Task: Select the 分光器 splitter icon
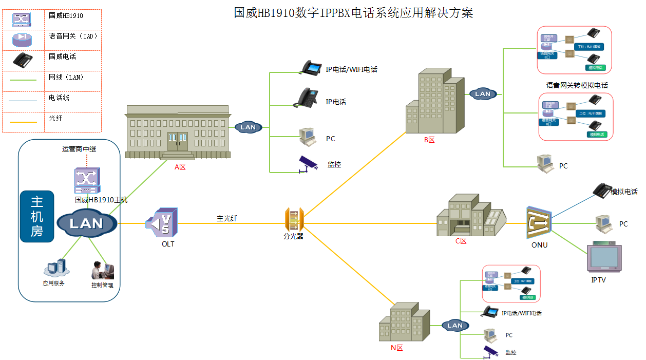pos(294,220)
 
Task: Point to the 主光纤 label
pos(227,218)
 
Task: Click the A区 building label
pos(180,167)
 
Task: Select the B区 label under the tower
pos(429,140)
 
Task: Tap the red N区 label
pos(396,348)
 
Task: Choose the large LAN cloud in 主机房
pos(87,223)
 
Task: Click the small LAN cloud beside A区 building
pos(248,127)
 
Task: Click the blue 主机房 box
pos(36,216)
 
